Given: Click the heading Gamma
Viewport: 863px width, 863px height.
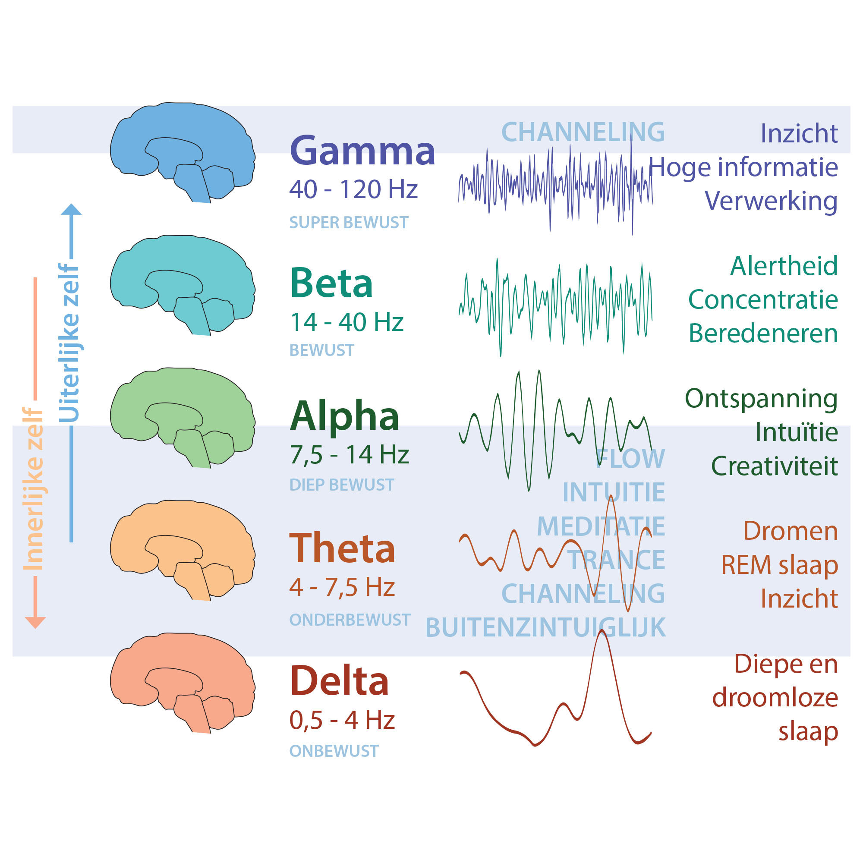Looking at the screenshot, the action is pos(362,151).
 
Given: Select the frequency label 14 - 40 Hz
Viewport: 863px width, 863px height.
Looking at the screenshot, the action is pos(346,321).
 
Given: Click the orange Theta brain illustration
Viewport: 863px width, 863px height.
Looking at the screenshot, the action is pos(183,550).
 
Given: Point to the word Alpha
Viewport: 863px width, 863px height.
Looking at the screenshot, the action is pos(344,416).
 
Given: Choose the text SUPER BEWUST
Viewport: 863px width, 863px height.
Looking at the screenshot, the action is pos(349,223).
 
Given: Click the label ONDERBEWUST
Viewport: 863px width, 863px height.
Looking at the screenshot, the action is pos(350,620).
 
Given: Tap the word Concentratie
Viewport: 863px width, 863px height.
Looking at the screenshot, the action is pos(763,299).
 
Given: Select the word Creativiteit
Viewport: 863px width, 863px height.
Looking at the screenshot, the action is pos(774,466).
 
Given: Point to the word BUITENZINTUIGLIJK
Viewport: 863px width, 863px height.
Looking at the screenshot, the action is pos(545,627).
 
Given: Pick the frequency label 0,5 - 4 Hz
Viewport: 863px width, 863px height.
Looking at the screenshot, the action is pos(342,720).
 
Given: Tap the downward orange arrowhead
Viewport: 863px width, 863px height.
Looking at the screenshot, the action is pos(35,623).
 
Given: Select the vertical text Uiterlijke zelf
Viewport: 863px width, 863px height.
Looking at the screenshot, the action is pos(69,343).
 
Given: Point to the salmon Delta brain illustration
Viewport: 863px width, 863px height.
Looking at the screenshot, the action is pos(183,683).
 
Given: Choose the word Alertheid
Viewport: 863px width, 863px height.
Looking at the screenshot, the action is pos(784,266).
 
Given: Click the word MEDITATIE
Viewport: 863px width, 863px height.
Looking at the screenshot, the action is pos(601,526).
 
